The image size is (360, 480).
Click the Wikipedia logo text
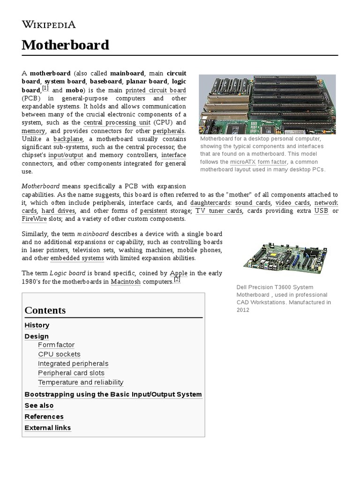tap(49, 25)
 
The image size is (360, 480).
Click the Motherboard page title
tap(65, 45)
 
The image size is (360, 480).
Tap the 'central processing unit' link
tap(117, 122)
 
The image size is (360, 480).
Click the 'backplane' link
tap(68, 139)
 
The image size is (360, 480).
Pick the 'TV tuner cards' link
tap(218, 210)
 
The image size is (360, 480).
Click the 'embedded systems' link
tap(76, 258)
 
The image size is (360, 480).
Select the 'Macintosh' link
tap(126, 282)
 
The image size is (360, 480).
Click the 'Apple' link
tap(179, 273)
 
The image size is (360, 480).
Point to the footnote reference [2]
tap(177, 279)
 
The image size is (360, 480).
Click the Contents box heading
tap(45, 310)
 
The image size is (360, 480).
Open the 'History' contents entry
tap(37, 325)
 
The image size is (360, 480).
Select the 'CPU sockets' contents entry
tap(59, 354)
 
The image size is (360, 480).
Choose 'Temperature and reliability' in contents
tap(81, 382)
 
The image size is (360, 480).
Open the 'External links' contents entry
tap(47, 427)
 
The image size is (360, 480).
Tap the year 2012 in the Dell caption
tap(243, 310)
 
